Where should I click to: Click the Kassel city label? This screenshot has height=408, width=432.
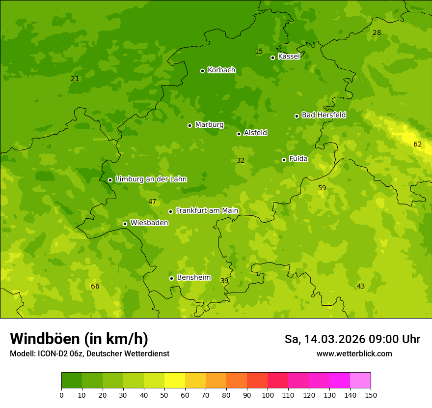click(x=289, y=57)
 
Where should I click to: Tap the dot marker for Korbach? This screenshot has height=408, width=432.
click(x=202, y=71)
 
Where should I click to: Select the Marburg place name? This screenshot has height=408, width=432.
click(x=209, y=125)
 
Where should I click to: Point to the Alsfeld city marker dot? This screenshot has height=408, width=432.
click(x=239, y=134)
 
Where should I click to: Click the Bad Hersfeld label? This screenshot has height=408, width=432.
click(x=324, y=115)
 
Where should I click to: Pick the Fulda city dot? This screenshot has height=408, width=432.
click(x=284, y=160)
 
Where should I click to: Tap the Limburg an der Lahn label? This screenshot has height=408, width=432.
click(x=151, y=179)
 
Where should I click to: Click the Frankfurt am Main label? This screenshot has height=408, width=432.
click(x=207, y=211)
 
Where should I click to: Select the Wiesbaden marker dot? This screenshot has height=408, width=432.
click(x=125, y=224)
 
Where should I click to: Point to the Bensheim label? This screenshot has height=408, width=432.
click(x=193, y=278)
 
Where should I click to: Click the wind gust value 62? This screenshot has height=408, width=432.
click(x=417, y=145)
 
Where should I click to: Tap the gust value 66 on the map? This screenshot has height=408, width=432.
click(x=95, y=287)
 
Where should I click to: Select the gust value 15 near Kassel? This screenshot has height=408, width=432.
click(x=259, y=52)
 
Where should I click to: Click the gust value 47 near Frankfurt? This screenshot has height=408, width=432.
click(x=152, y=202)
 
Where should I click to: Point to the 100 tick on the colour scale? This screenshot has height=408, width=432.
click(x=268, y=395)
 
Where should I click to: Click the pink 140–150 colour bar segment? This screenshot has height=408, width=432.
click(x=360, y=380)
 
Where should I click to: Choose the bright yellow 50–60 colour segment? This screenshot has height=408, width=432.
click(x=175, y=380)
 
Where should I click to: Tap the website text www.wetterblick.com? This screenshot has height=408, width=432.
click(x=354, y=354)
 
